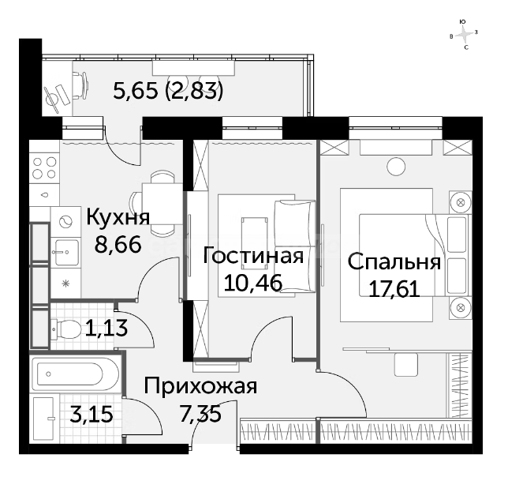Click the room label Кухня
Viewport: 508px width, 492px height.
(x=118, y=218)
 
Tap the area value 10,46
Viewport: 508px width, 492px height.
(x=253, y=283)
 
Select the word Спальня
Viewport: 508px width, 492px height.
(x=394, y=262)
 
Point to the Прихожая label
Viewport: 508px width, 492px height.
(x=200, y=386)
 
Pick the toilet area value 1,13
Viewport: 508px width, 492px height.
(x=106, y=328)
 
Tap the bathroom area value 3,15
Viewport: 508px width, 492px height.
(x=92, y=414)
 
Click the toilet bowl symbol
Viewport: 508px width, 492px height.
(x=66, y=329)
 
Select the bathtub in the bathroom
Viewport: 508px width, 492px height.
(x=75, y=374)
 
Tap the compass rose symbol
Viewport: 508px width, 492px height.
(x=464, y=35)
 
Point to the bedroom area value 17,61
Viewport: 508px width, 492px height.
(x=394, y=289)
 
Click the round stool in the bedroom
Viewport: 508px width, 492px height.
(x=396, y=167)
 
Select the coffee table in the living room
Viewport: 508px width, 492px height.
(x=254, y=243)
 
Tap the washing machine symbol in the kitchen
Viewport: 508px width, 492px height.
(x=65, y=222)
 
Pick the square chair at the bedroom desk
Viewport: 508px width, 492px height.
(x=406, y=365)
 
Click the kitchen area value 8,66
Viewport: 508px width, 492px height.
(x=118, y=245)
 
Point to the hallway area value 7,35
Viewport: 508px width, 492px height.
(x=200, y=414)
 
